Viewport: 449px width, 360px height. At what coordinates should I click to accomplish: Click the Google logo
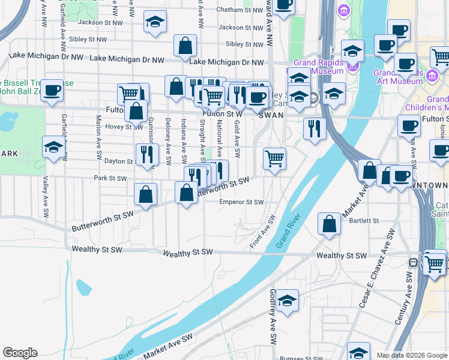click(x=20, y=353)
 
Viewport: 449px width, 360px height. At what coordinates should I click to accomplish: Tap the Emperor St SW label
click(x=241, y=202)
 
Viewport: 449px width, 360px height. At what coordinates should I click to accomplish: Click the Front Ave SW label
click(x=262, y=232)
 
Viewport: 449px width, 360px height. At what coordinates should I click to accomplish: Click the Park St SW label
click(x=110, y=178)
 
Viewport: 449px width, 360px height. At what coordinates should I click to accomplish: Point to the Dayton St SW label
click(x=118, y=161)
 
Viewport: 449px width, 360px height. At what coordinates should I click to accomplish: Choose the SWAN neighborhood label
click(x=271, y=115)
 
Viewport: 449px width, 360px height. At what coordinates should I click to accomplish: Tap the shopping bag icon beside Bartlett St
click(x=330, y=224)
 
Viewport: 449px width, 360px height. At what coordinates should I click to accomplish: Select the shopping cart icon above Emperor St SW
click(x=274, y=158)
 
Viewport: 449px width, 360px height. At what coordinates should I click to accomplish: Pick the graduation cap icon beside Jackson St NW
click(x=155, y=22)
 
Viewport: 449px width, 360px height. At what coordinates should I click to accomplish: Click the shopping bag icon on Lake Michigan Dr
click(x=185, y=45)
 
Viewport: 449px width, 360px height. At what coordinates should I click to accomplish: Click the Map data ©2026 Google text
click(x=411, y=355)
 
